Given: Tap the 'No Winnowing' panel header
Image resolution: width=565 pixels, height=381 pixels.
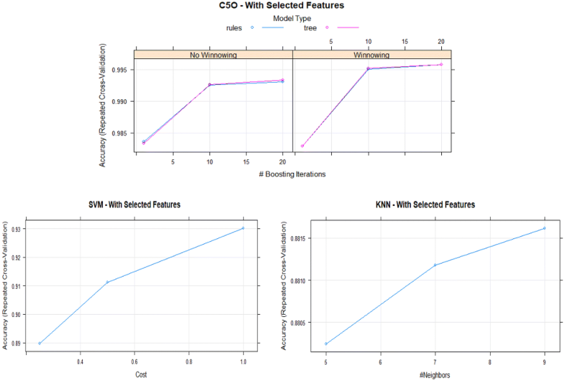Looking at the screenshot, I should coord(214,54).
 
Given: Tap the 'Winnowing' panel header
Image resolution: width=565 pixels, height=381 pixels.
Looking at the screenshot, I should coord(372,54).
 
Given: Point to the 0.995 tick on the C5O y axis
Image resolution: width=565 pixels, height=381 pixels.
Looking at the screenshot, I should coord(122,70).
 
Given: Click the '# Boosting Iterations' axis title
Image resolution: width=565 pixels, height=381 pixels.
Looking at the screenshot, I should coord(292,174).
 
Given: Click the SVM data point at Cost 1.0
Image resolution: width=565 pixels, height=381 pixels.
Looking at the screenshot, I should coord(243,228).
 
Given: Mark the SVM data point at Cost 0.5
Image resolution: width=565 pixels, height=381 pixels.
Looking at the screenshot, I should coord(107,282).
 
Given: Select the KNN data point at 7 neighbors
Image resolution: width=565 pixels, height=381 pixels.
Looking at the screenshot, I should coord(435,265).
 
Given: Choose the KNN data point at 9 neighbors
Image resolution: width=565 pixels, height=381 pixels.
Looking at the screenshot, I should coord(544,228).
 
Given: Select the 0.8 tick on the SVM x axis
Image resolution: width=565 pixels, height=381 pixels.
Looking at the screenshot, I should coord(189,362).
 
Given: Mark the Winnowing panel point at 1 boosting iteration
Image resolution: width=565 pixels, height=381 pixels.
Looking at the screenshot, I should coord(302,146).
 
